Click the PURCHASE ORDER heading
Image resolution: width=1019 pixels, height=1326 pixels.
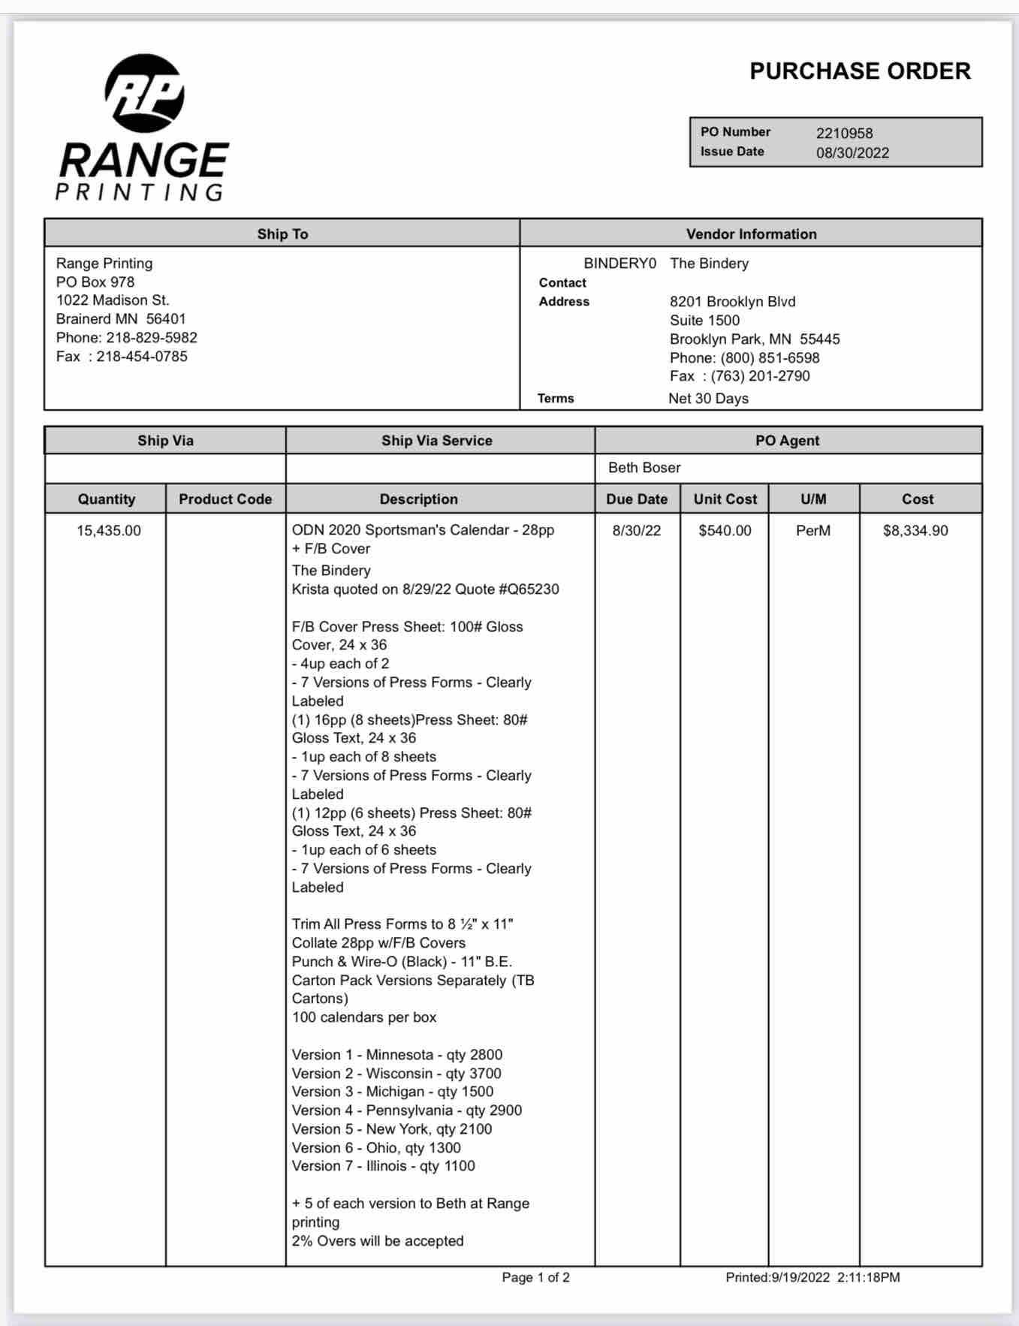point(860,71)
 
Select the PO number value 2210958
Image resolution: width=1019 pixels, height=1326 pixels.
point(844,134)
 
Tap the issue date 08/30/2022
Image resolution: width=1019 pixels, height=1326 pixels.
point(852,153)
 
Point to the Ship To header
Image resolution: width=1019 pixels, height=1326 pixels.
point(282,234)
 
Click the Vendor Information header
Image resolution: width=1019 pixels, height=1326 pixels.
point(751,234)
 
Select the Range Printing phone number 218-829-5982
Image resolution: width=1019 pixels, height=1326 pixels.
point(151,338)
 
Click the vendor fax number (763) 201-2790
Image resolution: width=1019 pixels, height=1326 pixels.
point(760,376)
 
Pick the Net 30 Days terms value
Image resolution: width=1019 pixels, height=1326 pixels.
point(708,399)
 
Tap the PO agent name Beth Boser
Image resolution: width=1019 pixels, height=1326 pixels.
point(644,468)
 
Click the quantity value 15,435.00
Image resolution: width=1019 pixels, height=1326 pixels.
point(109,531)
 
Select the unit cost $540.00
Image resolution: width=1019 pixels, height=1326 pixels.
point(725,531)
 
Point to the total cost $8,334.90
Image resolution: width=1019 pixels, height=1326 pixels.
point(915,531)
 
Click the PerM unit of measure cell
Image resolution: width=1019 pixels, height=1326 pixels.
point(813,531)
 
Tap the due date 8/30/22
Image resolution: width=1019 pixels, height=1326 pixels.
point(637,531)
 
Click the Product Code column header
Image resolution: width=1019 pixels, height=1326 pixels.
point(225,499)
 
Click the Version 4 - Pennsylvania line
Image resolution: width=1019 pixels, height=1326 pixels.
point(406,1111)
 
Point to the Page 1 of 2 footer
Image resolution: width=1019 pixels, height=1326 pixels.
point(535,1277)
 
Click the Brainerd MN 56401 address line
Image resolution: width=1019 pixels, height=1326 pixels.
point(121,319)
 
